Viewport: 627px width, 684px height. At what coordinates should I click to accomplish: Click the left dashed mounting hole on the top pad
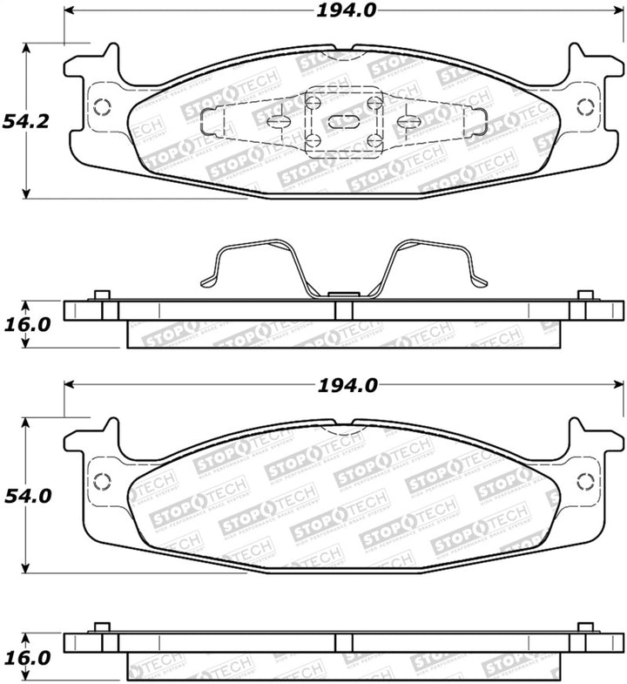(101, 107)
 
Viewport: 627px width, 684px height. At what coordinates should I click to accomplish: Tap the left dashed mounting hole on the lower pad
(101, 481)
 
